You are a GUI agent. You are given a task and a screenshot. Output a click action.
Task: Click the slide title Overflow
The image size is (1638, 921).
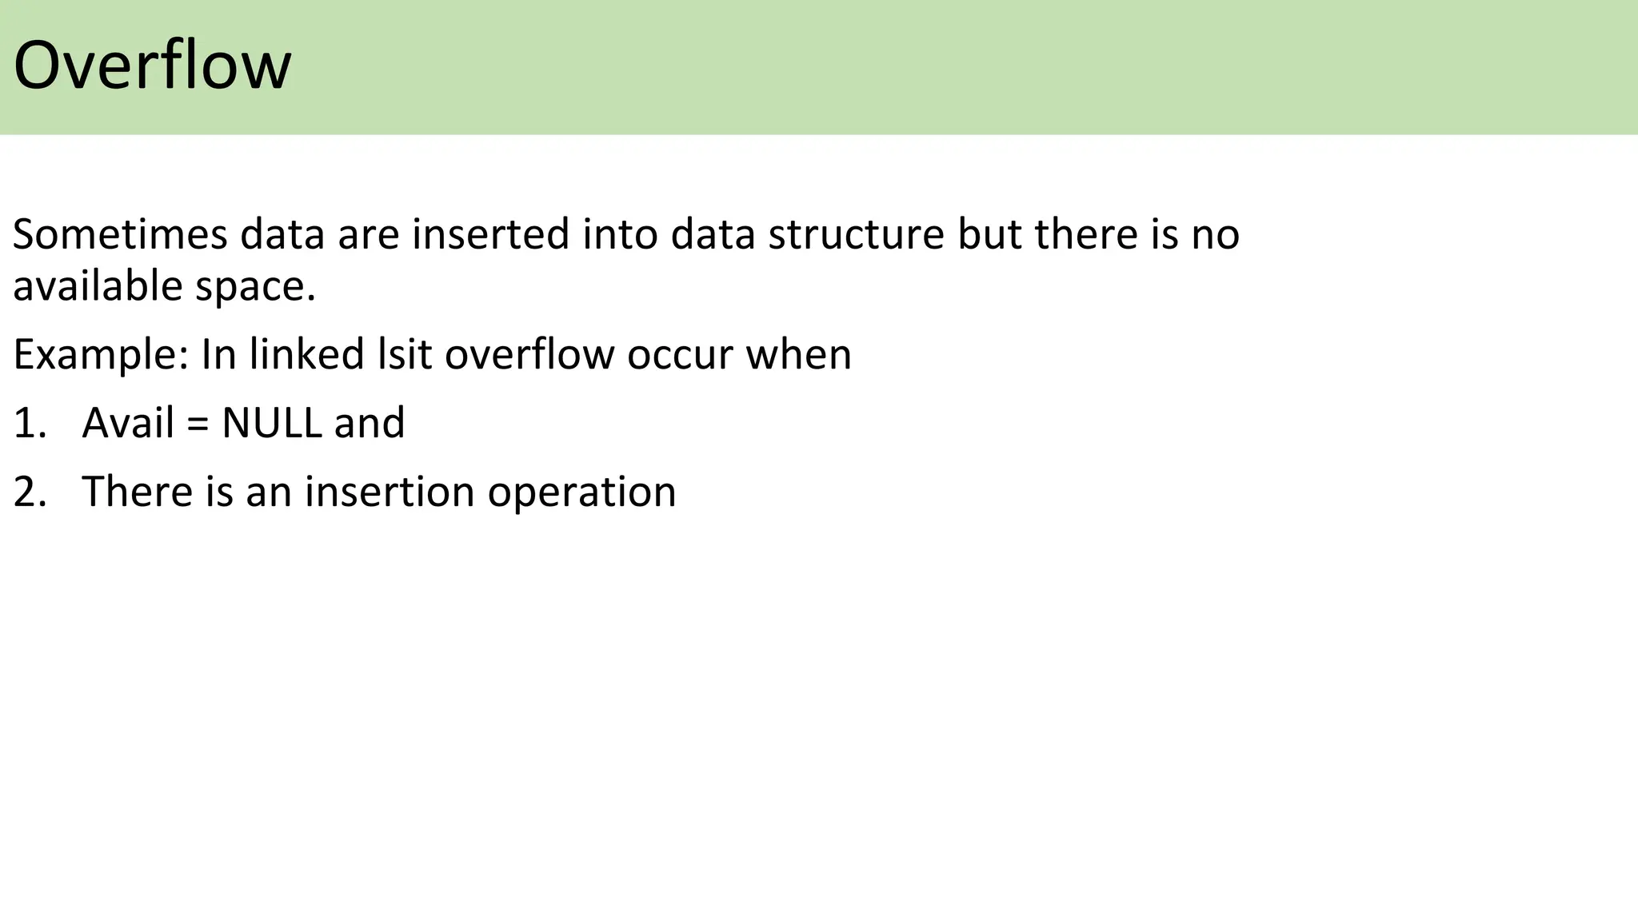(152, 66)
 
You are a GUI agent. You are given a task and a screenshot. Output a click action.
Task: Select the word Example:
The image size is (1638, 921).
(101, 355)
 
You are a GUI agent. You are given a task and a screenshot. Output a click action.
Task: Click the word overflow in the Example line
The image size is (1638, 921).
(529, 355)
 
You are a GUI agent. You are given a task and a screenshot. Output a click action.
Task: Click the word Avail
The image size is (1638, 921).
(128, 423)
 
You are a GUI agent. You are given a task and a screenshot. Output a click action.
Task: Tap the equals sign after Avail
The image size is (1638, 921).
(198, 425)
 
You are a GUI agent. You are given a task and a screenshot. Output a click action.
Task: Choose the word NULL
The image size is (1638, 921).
(271, 423)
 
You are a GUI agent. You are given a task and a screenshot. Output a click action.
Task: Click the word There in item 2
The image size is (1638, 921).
(137, 492)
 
